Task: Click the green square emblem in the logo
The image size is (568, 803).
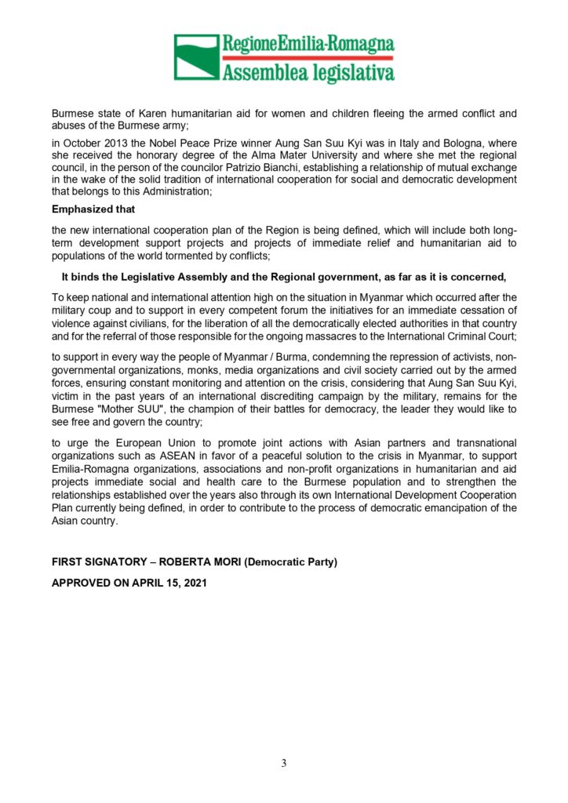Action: tap(196, 57)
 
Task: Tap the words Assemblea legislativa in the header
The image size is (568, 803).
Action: tap(308, 73)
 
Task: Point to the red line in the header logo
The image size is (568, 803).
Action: tap(308, 57)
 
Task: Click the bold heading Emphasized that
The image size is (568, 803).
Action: tap(93, 209)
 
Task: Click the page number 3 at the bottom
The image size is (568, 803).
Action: tap(284, 764)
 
